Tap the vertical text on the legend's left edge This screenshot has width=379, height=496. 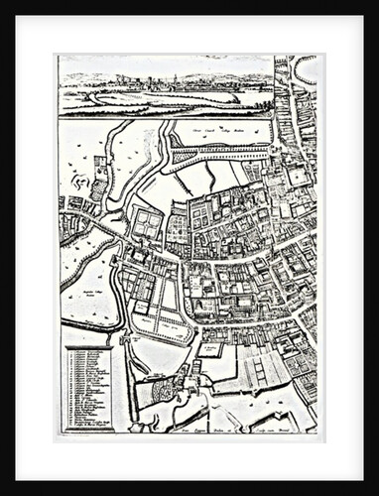point(66,388)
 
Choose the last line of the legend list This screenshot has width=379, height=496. point(91,426)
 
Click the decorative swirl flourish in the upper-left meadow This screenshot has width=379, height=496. point(74,181)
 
